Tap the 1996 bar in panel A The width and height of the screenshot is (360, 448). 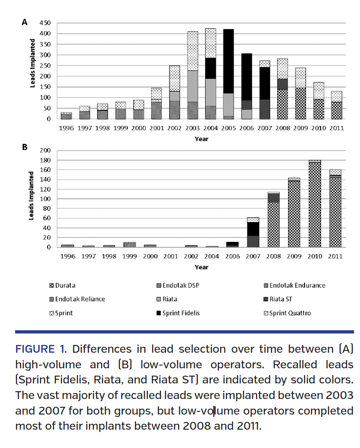point(66,116)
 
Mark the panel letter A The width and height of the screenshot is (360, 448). point(25,22)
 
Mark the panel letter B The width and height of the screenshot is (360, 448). point(25,148)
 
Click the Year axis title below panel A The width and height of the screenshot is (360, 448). point(201,138)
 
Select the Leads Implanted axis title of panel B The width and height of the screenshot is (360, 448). point(32,196)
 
